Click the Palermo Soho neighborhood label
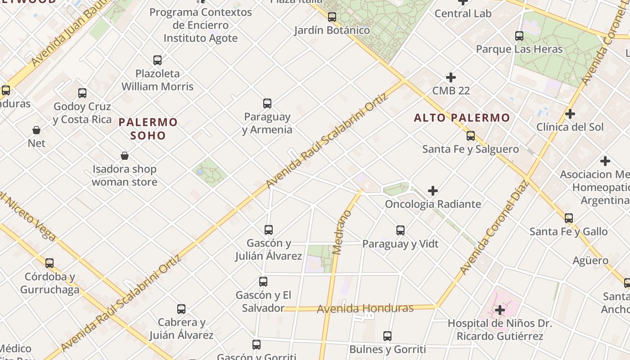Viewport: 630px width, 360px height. click(148, 129)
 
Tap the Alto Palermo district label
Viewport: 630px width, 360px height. click(462, 118)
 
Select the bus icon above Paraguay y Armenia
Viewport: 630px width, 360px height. click(267, 103)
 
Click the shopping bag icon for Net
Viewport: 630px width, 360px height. click(36, 130)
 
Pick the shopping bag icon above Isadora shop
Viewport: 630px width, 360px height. click(125, 156)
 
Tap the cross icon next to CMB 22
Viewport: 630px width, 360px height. click(450, 77)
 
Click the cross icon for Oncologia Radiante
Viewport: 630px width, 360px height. click(432, 191)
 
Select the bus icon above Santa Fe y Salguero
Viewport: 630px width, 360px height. click(471, 135)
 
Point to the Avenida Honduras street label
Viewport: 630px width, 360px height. click(365, 309)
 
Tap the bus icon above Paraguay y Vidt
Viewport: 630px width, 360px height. click(400, 230)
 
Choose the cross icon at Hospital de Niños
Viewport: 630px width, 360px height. click(499, 310)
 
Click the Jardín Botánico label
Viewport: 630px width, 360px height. click(332, 30)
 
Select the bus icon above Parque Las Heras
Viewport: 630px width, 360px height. click(519, 36)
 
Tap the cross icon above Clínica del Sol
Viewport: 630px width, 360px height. click(570, 114)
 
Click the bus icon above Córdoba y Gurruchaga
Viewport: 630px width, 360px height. click(49, 263)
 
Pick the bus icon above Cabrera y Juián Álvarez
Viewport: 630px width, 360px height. click(181, 309)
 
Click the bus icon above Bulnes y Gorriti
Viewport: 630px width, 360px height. click(387, 336)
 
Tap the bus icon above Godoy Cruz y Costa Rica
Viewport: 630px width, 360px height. click(82, 93)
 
